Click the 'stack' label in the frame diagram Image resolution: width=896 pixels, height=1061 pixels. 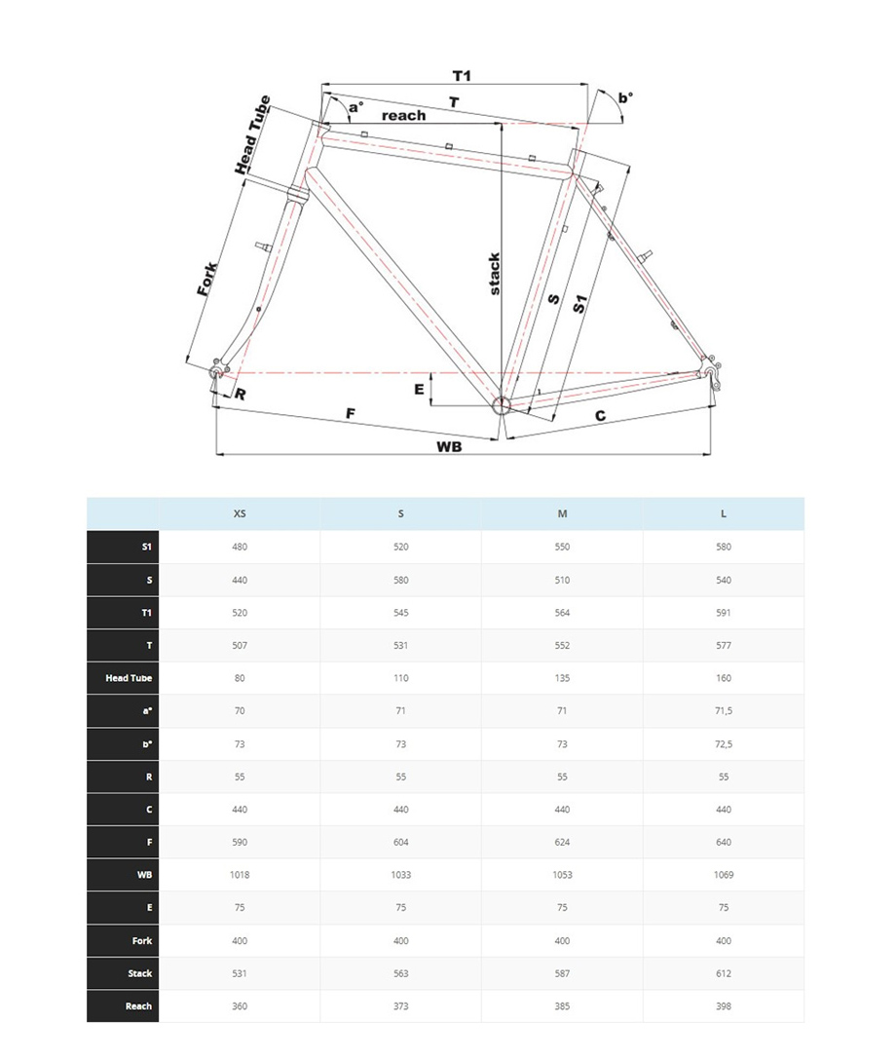coord(495,274)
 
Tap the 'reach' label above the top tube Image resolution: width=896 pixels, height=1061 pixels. coord(403,115)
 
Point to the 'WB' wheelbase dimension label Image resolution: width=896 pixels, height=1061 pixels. coord(449,446)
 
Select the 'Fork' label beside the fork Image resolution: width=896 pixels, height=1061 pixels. coord(207,281)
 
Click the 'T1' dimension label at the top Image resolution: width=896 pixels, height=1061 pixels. coord(462,76)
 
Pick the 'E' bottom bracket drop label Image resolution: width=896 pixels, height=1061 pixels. coord(419,390)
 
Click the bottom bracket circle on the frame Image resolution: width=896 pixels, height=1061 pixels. coord(503,405)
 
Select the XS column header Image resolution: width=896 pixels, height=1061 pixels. coord(240,513)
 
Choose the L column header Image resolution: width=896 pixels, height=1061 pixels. coord(723,513)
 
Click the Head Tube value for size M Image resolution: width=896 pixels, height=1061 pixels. coord(562,678)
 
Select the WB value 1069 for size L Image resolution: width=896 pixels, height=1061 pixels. coord(723,875)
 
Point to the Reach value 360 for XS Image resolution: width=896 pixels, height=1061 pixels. coord(240,1005)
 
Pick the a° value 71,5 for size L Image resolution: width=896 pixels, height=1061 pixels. coord(723,711)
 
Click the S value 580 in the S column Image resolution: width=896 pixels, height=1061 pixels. coord(400,580)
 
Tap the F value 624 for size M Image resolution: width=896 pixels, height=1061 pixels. coord(562,842)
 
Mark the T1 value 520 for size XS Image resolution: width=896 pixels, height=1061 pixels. coord(240,613)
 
